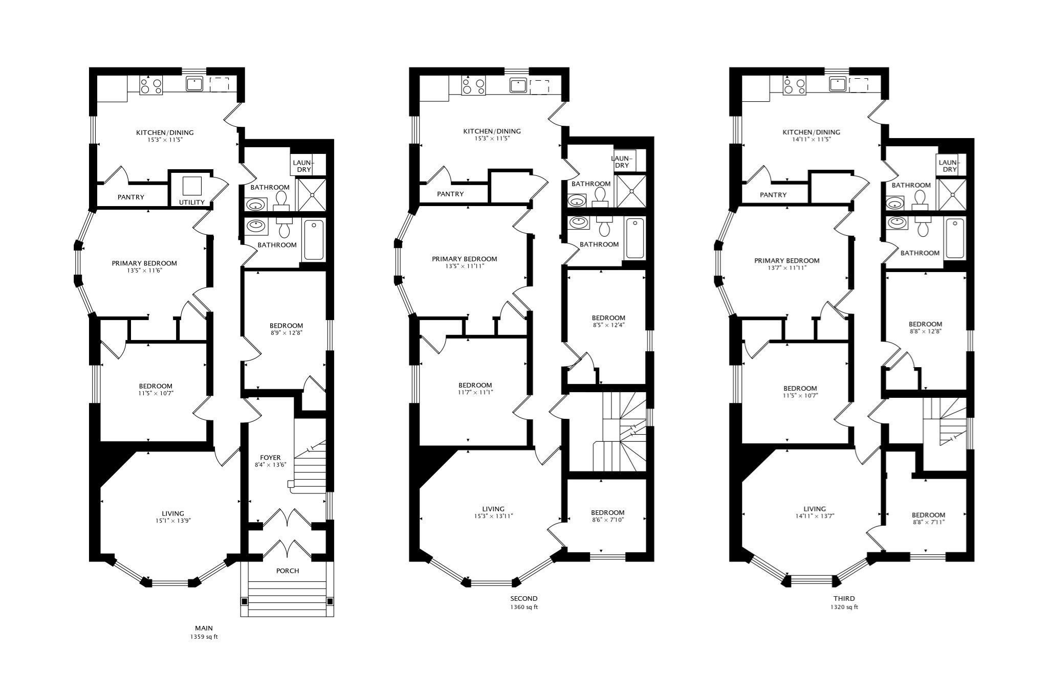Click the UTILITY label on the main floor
click(x=192, y=202)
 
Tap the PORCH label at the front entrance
click(x=288, y=571)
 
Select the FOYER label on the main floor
click(x=270, y=458)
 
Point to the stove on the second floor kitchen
click(x=473, y=85)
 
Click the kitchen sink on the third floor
click(x=838, y=84)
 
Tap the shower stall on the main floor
click(x=312, y=194)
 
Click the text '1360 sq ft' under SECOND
click(x=524, y=607)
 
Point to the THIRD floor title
click(x=844, y=598)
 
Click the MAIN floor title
click(x=204, y=628)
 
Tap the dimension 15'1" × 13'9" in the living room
click(x=173, y=521)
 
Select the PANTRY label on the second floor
click(x=450, y=194)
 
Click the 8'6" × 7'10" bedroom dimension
click(x=607, y=520)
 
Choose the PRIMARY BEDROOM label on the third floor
click(x=787, y=261)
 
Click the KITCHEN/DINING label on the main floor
click(x=165, y=133)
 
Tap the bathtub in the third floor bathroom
click(x=955, y=238)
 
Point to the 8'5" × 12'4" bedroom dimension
click(x=608, y=325)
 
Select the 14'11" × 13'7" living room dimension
click(x=814, y=516)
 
